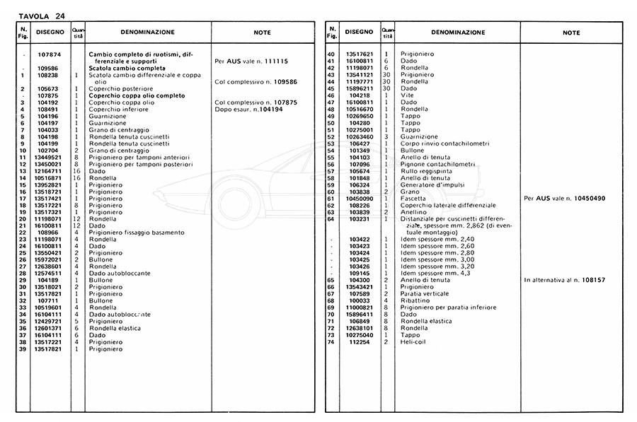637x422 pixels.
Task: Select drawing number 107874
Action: pyautogui.click(x=47, y=54)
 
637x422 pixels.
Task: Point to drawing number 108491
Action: pyautogui.click(x=47, y=110)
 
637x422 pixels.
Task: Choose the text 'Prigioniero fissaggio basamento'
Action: pyautogui.click(x=137, y=232)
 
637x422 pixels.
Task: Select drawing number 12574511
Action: pyautogui.click(x=47, y=274)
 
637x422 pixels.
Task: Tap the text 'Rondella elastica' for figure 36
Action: pyautogui.click(x=115, y=328)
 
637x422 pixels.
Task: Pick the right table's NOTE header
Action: pyautogui.click(x=571, y=33)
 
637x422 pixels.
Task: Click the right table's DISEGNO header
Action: pyautogui.click(x=358, y=33)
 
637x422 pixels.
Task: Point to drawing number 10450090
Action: pyautogui.click(x=360, y=198)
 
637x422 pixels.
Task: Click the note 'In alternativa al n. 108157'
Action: pyautogui.click(x=565, y=280)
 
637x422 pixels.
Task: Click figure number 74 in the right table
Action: pyautogui.click(x=331, y=341)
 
